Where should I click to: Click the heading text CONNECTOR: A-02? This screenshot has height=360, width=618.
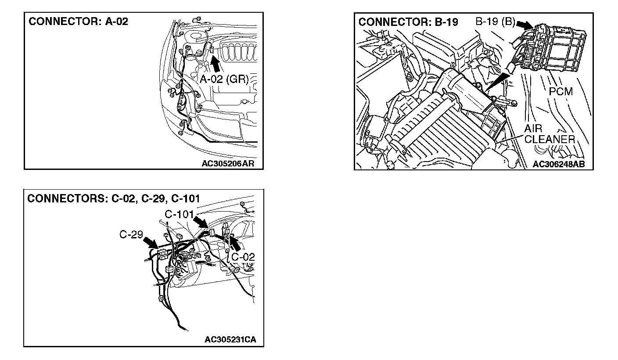point(79,22)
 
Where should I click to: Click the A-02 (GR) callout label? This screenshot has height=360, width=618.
point(224,79)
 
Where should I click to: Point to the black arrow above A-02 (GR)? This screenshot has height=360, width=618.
point(216,64)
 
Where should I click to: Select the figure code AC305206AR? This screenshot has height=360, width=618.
point(228,164)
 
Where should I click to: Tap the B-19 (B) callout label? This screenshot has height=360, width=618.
point(495,22)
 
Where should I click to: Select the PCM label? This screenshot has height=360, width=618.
point(561,92)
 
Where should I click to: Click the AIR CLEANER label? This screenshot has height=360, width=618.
point(549,134)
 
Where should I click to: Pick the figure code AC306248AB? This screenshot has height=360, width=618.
point(559,164)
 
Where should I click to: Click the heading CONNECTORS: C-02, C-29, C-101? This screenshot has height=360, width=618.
point(114,199)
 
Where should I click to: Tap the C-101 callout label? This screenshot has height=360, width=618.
point(179,215)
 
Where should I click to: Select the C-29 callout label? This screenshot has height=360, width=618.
point(131,234)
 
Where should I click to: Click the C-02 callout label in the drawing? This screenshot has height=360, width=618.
point(243,257)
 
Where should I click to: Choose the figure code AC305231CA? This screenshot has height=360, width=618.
point(230,340)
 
